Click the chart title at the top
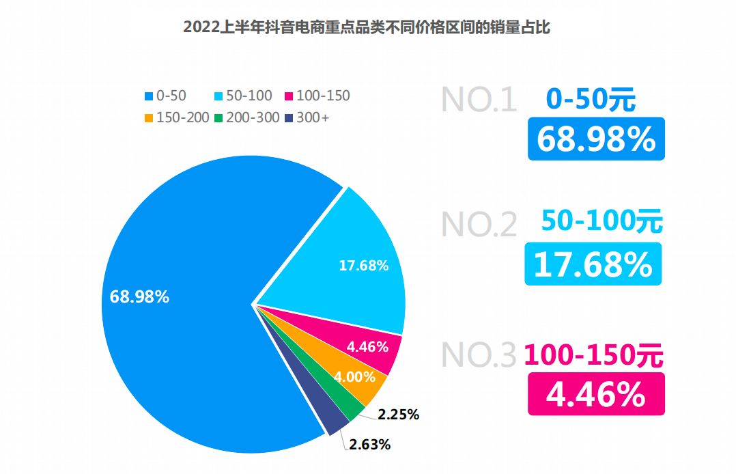[x=367, y=27]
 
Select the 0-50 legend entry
[x=166, y=96]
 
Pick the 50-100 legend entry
[x=244, y=96]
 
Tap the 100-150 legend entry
[x=317, y=96]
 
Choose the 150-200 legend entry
[x=177, y=117]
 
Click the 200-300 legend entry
[x=247, y=117]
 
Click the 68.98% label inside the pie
[x=139, y=297]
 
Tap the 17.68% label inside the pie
[x=364, y=266]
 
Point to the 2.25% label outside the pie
[x=398, y=414]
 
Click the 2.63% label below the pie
[x=370, y=445]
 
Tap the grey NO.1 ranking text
[x=479, y=100]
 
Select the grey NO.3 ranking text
[x=479, y=354]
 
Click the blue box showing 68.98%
[x=596, y=139]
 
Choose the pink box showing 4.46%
[x=596, y=394]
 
